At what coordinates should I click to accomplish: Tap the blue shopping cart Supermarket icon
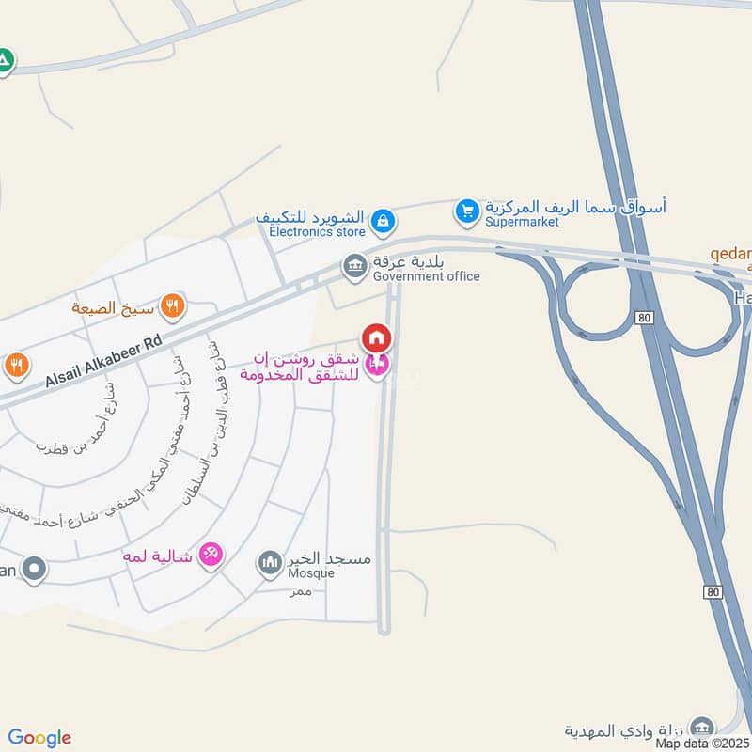pos(467,212)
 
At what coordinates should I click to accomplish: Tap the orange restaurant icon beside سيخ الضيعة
pos(172,305)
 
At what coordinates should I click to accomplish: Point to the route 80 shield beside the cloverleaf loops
pos(643,319)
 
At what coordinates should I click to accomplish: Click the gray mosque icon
pos(270,563)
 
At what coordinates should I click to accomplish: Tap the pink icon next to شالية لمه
pos(211,556)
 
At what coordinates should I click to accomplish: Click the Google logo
pos(39,737)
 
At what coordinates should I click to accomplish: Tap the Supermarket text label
pos(522,222)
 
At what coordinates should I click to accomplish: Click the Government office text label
pos(426,276)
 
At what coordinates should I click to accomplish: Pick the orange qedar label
pos(730,255)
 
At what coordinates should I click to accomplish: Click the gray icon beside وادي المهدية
pos(700,728)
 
